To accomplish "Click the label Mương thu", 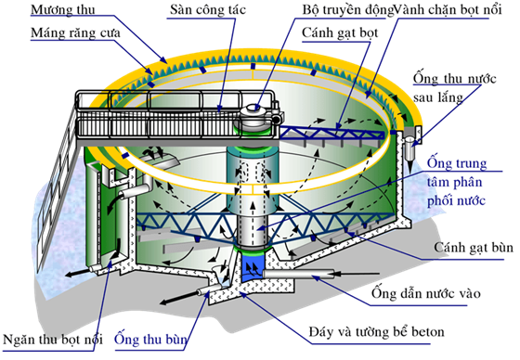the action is click(x=63, y=9).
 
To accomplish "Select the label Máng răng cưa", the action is click(x=75, y=33).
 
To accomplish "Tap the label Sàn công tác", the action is click(x=208, y=9).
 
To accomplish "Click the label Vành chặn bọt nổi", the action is click(x=448, y=10).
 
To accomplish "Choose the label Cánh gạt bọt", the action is click(x=340, y=33).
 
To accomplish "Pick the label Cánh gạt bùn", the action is click(x=474, y=248).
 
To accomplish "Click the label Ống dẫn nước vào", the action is click(x=426, y=293).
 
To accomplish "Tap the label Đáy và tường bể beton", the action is click(x=376, y=332).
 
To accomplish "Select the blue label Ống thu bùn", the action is click(x=150, y=339).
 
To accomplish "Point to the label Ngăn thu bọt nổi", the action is click(x=53, y=340).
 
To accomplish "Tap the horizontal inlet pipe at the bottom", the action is click(x=298, y=274).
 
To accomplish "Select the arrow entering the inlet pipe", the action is click(x=357, y=274).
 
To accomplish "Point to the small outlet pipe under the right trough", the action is click(x=410, y=148).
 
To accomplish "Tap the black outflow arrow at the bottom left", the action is click(x=79, y=272).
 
